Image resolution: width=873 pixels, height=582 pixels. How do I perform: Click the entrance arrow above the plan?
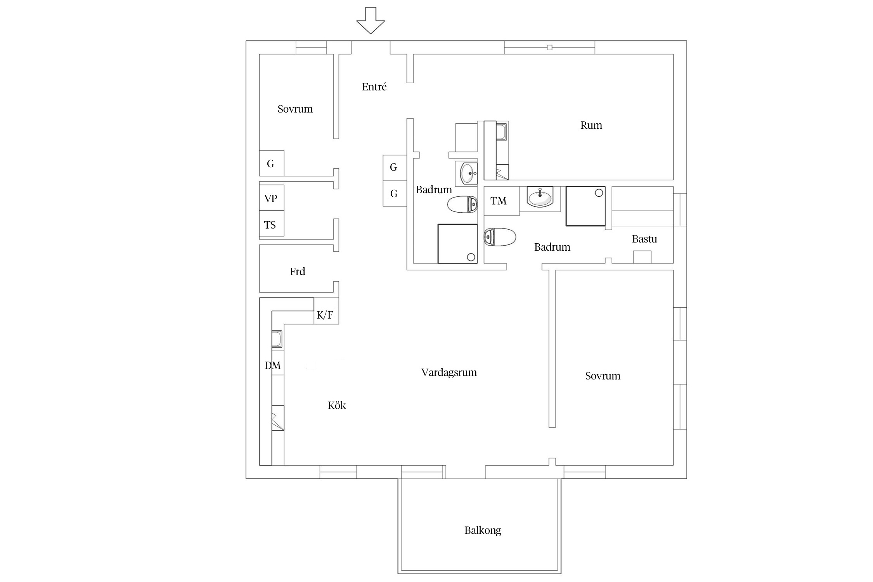pyautogui.click(x=371, y=20)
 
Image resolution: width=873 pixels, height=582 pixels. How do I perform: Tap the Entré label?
pyautogui.click(x=374, y=87)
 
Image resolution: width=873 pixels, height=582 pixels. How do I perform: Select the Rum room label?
pyautogui.click(x=591, y=125)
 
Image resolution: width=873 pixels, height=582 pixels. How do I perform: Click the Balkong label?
pyautogui.click(x=483, y=530)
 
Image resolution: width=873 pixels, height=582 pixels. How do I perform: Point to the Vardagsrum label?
pyautogui.click(x=449, y=372)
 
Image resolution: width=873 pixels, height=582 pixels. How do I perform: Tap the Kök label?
pyautogui.click(x=337, y=405)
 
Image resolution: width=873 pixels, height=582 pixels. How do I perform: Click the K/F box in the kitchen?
pyautogui.click(x=326, y=311)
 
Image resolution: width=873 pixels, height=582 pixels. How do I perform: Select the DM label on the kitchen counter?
pyautogui.click(x=273, y=365)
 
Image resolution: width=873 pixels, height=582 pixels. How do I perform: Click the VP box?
pyautogui.click(x=272, y=198)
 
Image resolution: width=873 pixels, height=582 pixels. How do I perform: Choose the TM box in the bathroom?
pyautogui.click(x=502, y=201)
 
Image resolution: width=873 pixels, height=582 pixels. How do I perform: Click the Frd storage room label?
pyautogui.click(x=298, y=272)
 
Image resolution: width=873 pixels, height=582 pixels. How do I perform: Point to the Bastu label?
pyautogui.click(x=644, y=239)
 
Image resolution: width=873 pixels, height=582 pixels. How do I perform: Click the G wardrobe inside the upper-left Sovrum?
pyautogui.click(x=272, y=163)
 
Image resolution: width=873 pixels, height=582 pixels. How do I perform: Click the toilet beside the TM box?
pyautogui.click(x=500, y=237)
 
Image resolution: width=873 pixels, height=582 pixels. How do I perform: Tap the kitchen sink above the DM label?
pyautogui.click(x=277, y=339)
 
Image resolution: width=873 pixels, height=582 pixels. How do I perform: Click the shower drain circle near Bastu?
pyautogui.click(x=599, y=192)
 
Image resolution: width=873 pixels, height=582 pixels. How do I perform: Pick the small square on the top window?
pyautogui.click(x=549, y=48)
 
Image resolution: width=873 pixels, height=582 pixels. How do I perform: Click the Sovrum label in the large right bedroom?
pyautogui.click(x=603, y=376)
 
